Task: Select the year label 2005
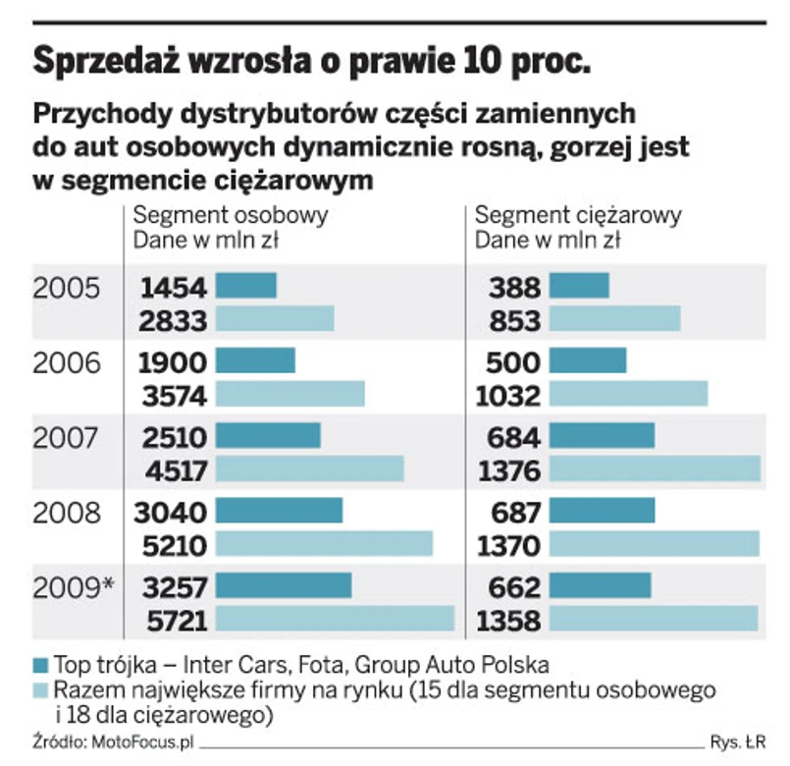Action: click(x=67, y=288)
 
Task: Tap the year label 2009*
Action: click(x=74, y=587)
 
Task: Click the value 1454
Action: click(x=174, y=287)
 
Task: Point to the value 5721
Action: click(x=174, y=620)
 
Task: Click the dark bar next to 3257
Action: click(x=283, y=586)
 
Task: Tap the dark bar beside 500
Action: click(x=587, y=361)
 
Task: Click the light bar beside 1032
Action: click(x=628, y=394)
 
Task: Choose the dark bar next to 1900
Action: click(x=255, y=361)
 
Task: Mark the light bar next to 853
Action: click(x=614, y=319)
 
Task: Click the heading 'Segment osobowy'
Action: click(x=231, y=216)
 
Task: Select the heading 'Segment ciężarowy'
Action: click(x=578, y=216)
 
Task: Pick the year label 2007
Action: click(x=67, y=438)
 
